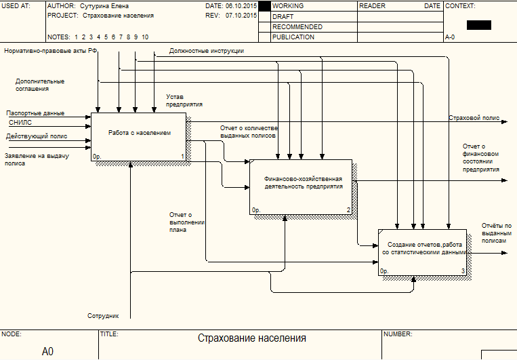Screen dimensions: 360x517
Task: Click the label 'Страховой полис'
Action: pyautogui.click(x=474, y=118)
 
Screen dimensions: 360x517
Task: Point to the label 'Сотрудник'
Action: pyautogui.click(x=103, y=316)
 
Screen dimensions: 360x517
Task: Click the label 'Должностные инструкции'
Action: pyautogui.click(x=207, y=51)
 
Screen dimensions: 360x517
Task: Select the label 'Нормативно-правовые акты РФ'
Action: pyautogui.click(x=51, y=51)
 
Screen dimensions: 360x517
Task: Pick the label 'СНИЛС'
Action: pyautogui.click(x=20, y=123)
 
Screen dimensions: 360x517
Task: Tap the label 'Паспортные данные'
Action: pyautogui.click(x=35, y=113)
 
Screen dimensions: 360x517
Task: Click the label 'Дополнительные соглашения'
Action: pyautogui.click(x=40, y=85)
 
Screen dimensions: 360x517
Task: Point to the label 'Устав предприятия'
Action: pyautogui.click(x=184, y=100)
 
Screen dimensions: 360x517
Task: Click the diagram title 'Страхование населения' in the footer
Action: pyautogui.click(x=252, y=338)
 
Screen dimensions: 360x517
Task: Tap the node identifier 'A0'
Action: pyautogui.click(x=47, y=351)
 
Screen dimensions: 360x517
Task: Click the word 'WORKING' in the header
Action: pyautogui.click(x=287, y=6)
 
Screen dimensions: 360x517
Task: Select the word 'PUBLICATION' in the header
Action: pyautogui.click(x=293, y=37)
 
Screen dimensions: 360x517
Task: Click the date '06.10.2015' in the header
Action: pyautogui.click(x=241, y=6)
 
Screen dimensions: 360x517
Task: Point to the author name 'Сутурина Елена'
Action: pyautogui.click(x=104, y=6)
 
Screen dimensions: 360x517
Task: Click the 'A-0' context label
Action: pyautogui.click(x=451, y=37)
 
